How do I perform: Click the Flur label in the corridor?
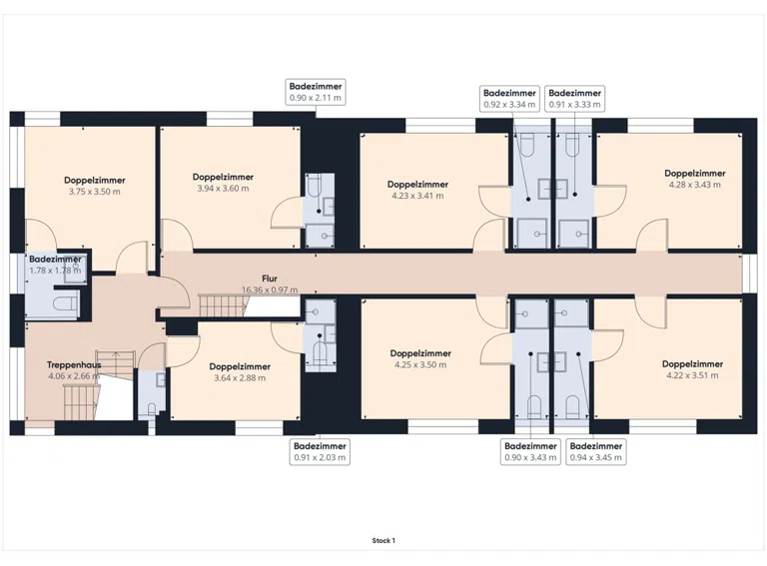point(270,279)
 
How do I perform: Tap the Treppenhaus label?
point(74,364)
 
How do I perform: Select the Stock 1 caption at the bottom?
point(383,541)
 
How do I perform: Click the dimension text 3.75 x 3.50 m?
point(95,192)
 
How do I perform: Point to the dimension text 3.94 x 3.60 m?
point(223,189)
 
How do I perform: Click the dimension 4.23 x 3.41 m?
point(417,196)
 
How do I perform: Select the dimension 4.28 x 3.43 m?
point(695,185)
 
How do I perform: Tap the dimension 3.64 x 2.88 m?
point(240,377)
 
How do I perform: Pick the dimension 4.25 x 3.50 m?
point(420,364)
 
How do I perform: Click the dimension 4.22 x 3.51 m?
point(692,375)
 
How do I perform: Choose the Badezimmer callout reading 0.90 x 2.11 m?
point(316,92)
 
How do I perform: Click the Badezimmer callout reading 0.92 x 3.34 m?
point(509,98)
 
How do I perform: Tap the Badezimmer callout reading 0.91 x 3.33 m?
point(575,98)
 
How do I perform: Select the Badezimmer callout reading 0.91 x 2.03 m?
point(320,451)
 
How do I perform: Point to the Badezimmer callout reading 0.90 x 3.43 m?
point(530,451)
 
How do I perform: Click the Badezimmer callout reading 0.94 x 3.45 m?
point(596,451)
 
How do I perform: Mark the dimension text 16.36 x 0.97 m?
point(270,289)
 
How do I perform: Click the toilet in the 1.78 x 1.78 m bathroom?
point(66,303)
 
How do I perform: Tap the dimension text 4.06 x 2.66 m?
point(74,376)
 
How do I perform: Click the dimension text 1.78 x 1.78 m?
point(55,271)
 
